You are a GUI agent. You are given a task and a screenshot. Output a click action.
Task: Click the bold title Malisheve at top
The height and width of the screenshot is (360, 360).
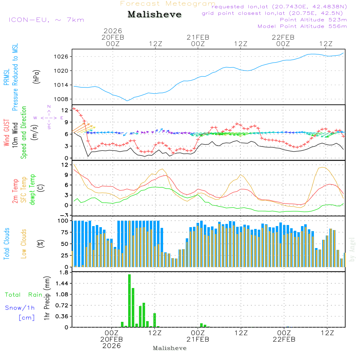point(154,15)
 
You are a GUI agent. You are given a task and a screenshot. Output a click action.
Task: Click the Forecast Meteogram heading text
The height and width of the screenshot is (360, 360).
point(168,4)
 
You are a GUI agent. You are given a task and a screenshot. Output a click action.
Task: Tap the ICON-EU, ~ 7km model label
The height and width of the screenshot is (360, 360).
point(46,20)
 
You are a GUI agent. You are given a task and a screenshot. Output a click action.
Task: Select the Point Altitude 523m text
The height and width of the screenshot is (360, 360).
point(313,20)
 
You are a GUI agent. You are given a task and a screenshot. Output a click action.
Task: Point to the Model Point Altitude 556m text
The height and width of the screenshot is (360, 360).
point(302,26)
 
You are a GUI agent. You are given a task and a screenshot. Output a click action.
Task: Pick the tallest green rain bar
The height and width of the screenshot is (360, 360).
point(129,301)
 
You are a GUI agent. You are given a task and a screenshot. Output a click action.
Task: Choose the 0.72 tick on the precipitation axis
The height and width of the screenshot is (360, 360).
point(62,305)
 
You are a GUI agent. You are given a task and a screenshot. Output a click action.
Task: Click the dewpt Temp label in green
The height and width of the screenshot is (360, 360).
point(32,190)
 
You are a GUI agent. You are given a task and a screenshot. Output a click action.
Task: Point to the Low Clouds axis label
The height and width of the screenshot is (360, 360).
point(24,244)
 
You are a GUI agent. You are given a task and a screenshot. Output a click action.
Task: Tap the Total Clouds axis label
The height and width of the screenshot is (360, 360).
point(7,244)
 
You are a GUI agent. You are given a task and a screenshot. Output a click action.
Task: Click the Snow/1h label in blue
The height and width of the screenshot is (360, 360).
point(20,308)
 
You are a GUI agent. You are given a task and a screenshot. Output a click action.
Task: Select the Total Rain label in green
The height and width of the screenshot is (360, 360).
point(23,295)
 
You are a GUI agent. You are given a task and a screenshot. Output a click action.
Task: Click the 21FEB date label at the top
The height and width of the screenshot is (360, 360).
point(198,37)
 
